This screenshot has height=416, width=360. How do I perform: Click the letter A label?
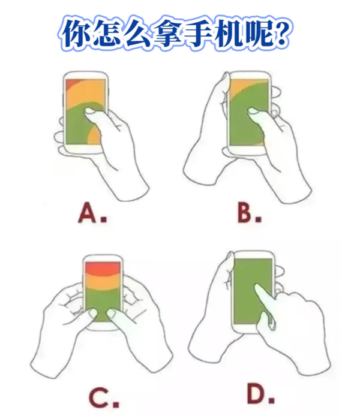point(88,212)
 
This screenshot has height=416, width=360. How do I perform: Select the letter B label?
point(244,212)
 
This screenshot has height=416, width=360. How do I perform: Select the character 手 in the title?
point(199,33)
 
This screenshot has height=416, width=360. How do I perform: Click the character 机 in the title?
point(229,33)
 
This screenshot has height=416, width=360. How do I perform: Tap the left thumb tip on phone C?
point(93,313)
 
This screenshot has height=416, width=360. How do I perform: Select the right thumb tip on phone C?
point(111,313)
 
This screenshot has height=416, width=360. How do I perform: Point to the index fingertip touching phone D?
point(257,287)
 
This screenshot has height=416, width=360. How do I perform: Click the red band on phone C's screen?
point(103,269)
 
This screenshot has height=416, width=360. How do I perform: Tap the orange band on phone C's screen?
point(103,282)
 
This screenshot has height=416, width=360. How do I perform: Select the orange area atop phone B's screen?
point(240,88)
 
